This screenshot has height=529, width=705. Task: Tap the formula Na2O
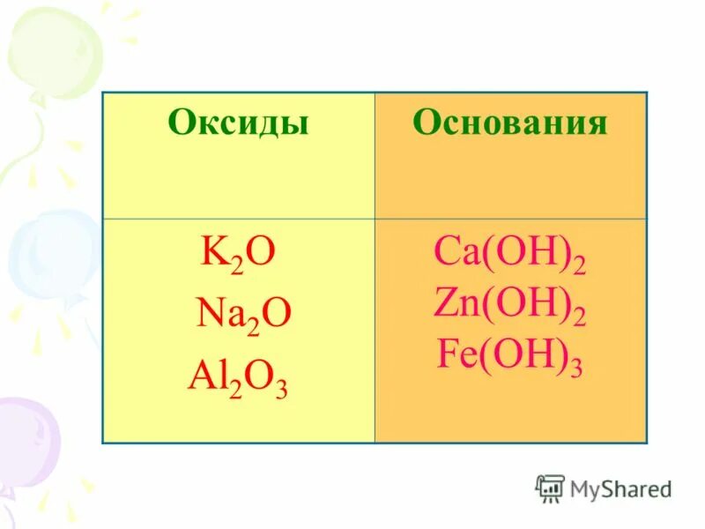(243, 315)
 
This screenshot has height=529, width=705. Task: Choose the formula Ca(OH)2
(509, 256)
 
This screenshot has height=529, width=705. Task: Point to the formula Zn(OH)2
(509, 306)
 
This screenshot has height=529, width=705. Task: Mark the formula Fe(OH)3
(509, 355)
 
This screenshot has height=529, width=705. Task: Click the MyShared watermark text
(620, 488)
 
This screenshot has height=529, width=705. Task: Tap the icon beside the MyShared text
(550, 488)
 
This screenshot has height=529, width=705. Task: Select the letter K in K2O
(212, 251)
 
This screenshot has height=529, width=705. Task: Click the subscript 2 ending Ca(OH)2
(578, 265)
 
